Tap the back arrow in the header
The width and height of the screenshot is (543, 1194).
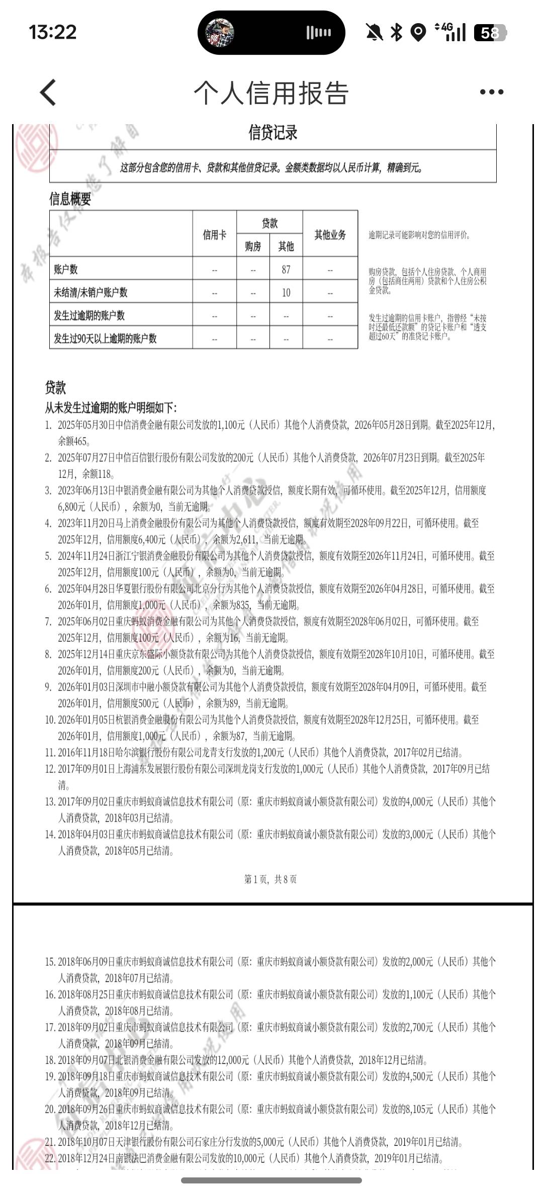[x=48, y=92]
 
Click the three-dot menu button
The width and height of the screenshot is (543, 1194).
[x=491, y=92]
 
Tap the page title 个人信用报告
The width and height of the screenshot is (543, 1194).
[x=271, y=93]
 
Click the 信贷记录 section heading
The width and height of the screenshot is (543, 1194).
[x=273, y=133]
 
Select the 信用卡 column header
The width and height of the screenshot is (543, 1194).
[x=215, y=235]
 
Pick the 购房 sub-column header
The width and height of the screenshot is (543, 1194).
[x=253, y=246]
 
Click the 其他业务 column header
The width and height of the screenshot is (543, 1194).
[x=330, y=235]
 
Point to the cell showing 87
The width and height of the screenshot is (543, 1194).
[x=286, y=270]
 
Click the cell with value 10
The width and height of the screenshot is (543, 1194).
[x=286, y=292]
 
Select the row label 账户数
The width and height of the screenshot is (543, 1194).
[x=66, y=270]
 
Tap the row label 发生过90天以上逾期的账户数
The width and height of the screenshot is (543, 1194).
[x=105, y=338]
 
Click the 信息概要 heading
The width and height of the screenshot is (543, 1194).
[x=70, y=199]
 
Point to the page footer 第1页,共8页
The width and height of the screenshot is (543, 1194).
[x=270, y=879]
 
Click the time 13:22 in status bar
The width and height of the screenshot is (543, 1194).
[x=53, y=33]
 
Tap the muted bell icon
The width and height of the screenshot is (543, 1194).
[x=374, y=33]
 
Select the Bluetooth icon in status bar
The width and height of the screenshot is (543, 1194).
[x=397, y=33]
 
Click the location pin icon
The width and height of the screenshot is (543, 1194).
[x=418, y=33]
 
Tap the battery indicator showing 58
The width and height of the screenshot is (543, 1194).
[x=490, y=33]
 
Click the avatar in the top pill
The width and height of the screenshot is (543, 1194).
[x=220, y=33]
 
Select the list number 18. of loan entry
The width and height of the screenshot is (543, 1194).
[x=50, y=1060]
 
